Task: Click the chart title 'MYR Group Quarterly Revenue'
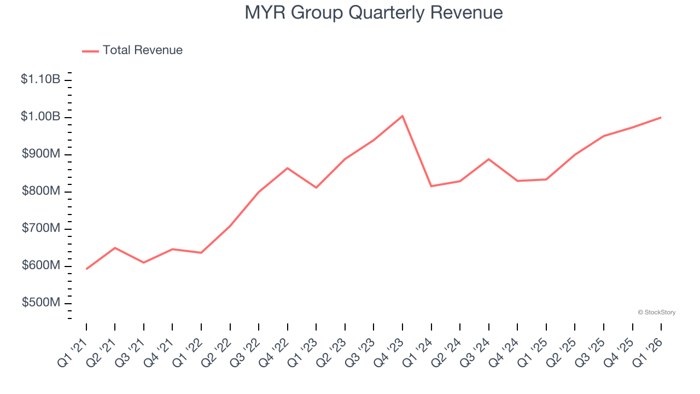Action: point(374,13)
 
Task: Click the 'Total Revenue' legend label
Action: point(142,50)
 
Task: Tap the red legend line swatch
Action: point(90,51)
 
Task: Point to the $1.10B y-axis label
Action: point(40,79)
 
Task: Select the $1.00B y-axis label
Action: point(40,117)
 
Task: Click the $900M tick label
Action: point(41,154)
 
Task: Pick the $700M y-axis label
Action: point(41,228)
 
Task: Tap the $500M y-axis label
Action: point(41,303)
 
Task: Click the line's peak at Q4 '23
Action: point(402,116)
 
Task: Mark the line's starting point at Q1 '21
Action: point(86,269)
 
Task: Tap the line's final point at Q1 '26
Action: point(661,117)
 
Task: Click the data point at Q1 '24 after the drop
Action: point(431,186)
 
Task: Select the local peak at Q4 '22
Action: point(288,168)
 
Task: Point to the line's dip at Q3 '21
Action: point(144,263)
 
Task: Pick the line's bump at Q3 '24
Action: point(488,159)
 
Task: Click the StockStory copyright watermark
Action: point(656,312)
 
